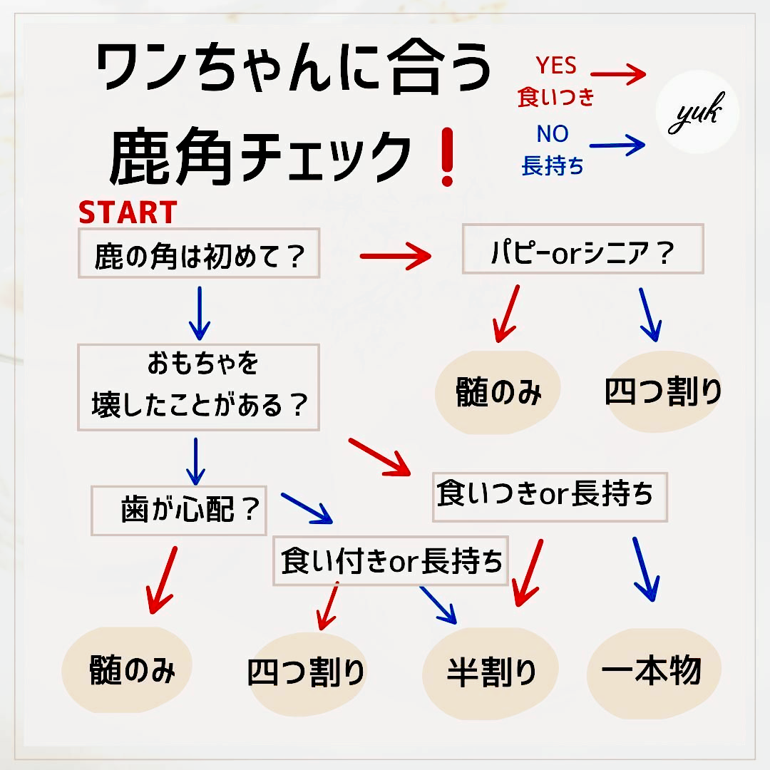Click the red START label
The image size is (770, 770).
[x=128, y=212]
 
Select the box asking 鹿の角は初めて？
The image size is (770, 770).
[x=199, y=253]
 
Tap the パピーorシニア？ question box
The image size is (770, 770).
[x=583, y=249]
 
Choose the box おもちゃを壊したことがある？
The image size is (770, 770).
[x=198, y=387]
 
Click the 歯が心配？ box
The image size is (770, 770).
[x=179, y=510]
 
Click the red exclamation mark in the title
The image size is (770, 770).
[x=447, y=157]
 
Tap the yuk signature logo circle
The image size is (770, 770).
[x=697, y=113]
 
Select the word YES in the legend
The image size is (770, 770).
[x=556, y=66]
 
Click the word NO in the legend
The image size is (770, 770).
[x=553, y=133]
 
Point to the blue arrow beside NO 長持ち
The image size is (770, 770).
[x=617, y=145]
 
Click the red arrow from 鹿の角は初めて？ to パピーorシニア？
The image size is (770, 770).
[x=395, y=256]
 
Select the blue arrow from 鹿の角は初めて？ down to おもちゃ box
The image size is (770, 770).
[x=200, y=313]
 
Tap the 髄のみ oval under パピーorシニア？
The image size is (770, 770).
[x=498, y=392]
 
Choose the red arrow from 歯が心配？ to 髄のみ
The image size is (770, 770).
[x=162, y=580]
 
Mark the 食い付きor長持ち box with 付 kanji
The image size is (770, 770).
[x=391, y=560]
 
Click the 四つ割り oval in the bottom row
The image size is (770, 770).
[x=307, y=673]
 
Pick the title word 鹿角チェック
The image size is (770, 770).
[x=260, y=157]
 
